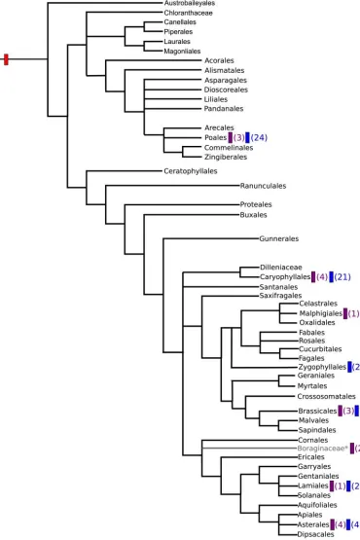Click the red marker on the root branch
point(6,60)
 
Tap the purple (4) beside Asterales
point(339,524)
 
